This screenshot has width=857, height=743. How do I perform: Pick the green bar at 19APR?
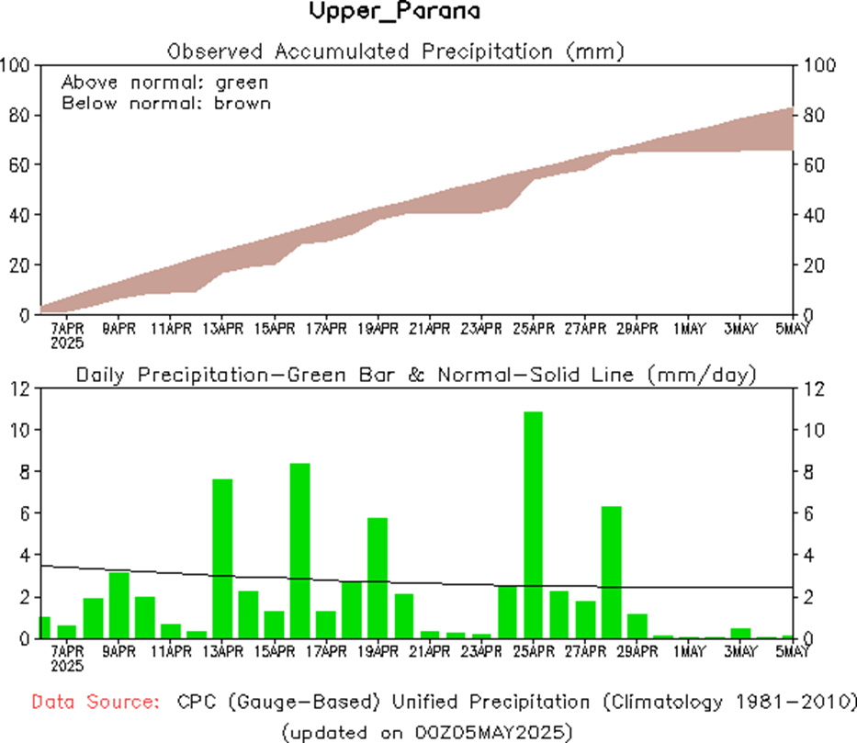(378, 578)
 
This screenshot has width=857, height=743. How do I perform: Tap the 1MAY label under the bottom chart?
(689, 652)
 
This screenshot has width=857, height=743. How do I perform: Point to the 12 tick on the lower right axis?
(814, 388)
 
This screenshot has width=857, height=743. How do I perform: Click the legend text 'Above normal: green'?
(164, 83)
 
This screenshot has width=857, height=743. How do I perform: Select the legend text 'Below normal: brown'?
(166, 103)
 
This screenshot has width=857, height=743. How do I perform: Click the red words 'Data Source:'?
(93, 703)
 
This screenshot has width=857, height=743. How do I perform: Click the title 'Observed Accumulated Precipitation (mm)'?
(396, 51)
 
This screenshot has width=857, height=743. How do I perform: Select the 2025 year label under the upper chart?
(68, 343)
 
